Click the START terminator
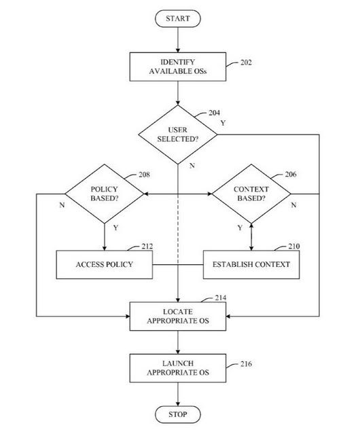178,18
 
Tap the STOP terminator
178,414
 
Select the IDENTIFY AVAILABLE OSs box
178,67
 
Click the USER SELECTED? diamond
178,134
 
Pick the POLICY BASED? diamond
105,194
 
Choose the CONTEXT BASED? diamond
251,194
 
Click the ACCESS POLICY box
105,264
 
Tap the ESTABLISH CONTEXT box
251,264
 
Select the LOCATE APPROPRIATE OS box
178,317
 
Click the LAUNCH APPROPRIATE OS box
178,368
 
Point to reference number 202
246,62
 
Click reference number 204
214,113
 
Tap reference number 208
144,175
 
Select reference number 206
291,174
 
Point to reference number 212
147,246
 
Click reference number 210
294,246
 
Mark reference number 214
221,298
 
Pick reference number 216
246,364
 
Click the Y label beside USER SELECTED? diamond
223,123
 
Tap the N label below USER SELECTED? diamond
192,166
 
